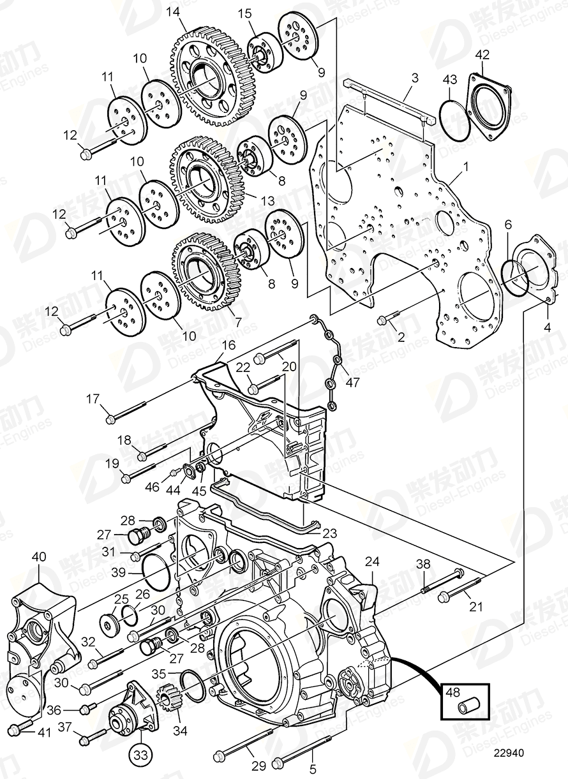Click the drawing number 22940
(x=507, y=753)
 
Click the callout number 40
(x=39, y=556)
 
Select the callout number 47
(x=352, y=383)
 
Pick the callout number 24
(x=372, y=561)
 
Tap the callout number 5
(x=312, y=769)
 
